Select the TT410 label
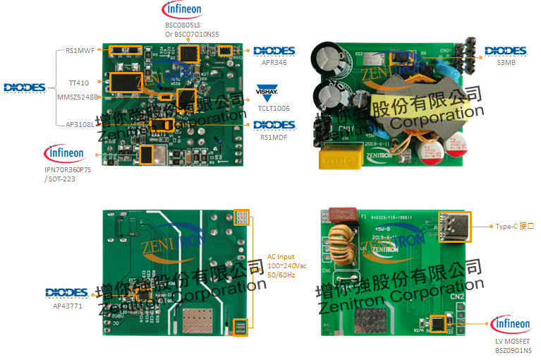[79, 83]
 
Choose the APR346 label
[274, 62]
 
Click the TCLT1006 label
[274, 108]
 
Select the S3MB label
[506, 62]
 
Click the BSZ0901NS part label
[513, 350]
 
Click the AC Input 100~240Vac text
[286, 265]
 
